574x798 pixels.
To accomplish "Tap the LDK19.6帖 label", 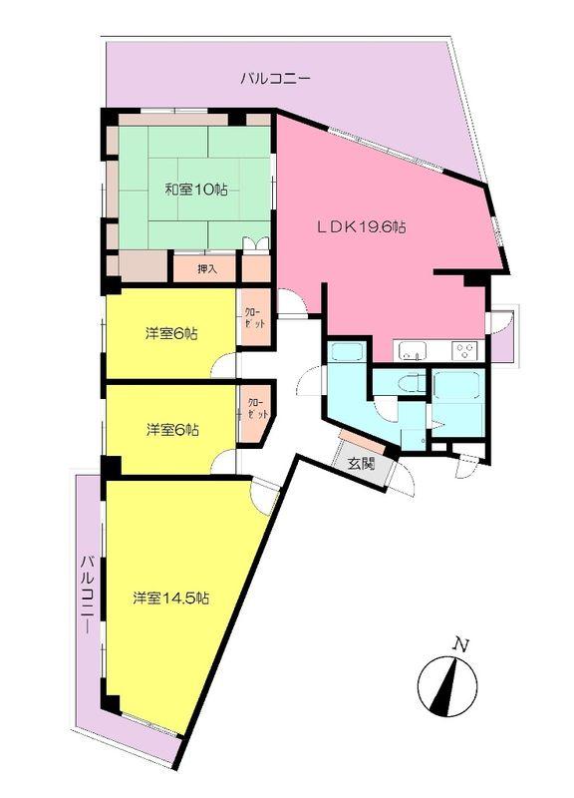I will click(361, 227).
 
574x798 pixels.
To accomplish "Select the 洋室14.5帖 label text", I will click(171, 598).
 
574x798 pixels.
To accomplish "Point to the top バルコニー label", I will click(276, 77).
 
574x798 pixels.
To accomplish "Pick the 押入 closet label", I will click(206, 268).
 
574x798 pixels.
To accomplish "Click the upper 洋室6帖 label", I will click(171, 334).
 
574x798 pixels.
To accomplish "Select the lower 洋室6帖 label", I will click(171, 430).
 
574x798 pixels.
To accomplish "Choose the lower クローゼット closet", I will click(257, 409).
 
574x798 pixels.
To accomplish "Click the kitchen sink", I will click(413, 350).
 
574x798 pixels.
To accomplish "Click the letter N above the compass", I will click(458, 644).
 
